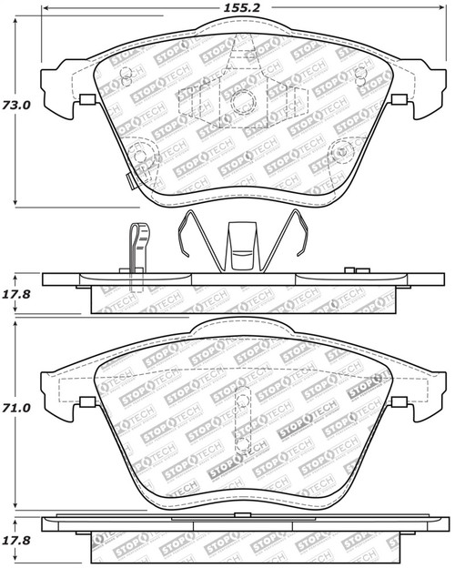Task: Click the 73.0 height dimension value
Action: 16,105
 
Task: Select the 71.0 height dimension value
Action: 16,409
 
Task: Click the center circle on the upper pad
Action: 242,104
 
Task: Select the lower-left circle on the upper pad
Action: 140,156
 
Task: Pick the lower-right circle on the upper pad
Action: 343,152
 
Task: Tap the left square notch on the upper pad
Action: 88,100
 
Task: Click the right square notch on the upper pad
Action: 398,100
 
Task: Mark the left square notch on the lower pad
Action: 88,401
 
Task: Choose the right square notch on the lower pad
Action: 397,401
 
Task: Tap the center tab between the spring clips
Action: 242,246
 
